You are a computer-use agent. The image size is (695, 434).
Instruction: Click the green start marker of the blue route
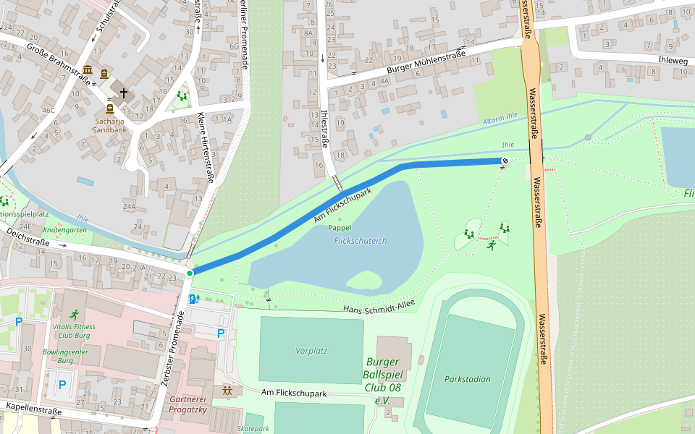click(190, 273)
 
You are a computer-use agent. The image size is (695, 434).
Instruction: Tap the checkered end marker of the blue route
click(505, 161)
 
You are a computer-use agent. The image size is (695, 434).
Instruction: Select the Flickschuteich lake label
click(361, 240)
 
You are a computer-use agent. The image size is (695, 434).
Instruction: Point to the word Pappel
click(340, 227)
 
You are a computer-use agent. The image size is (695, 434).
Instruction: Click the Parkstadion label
click(467, 379)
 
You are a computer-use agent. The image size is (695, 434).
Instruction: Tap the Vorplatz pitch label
click(311, 351)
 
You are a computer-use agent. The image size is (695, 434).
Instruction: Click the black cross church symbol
click(124, 93)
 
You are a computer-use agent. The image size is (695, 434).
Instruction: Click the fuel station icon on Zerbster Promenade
click(193, 299)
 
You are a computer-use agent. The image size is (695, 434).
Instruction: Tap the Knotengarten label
click(64, 229)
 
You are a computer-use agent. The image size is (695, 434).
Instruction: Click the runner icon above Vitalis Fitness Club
click(74, 315)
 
